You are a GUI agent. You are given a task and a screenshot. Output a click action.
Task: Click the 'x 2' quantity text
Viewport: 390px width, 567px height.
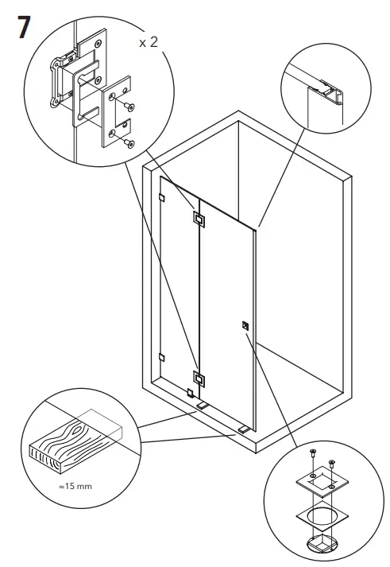[149, 42]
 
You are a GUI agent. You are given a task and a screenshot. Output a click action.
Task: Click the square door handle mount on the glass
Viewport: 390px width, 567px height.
[245, 324]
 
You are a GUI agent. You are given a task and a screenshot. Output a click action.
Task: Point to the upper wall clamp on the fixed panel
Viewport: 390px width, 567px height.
[161, 197]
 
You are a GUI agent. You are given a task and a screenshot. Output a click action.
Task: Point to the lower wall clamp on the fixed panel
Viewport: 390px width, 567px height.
[161, 356]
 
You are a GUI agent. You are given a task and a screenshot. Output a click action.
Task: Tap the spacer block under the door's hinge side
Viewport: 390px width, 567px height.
[202, 406]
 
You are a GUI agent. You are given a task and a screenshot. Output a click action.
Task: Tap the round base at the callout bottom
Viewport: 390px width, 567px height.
[323, 546]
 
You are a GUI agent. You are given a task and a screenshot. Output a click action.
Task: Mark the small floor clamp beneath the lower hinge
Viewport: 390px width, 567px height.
[190, 393]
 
